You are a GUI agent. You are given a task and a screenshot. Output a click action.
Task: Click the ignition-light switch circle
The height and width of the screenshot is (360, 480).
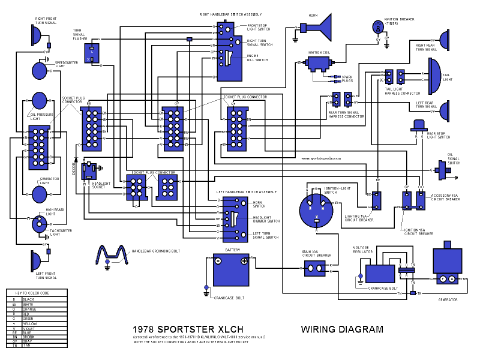pyautogui.click(x=316, y=212)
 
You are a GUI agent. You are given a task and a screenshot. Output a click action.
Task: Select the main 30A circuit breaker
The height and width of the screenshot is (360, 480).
pyautogui.click(x=316, y=268)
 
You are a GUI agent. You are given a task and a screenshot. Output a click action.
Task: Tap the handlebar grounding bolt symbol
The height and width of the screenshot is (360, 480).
pyautogui.click(x=113, y=254)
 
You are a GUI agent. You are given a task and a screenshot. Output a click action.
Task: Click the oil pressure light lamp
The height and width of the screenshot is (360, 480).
pyautogui.click(x=39, y=101)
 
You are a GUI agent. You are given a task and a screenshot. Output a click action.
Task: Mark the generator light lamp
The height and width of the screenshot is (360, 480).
pyautogui.click(x=39, y=194)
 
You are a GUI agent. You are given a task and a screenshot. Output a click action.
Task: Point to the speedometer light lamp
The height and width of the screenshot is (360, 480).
pyautogui.click(x=39, y=71)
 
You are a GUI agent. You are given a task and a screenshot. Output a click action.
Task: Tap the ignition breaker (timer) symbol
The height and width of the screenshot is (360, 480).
pyautogui.click(x=377, y=27)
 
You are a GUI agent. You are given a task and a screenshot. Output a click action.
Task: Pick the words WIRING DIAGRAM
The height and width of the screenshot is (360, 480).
pyautogui.click(x=341, y=329)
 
